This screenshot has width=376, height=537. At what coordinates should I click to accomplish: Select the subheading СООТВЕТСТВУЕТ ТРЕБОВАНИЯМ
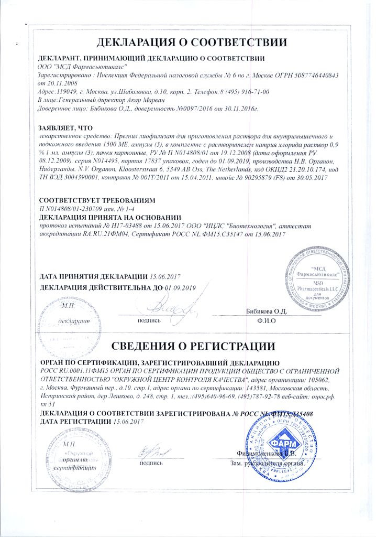point(97,200)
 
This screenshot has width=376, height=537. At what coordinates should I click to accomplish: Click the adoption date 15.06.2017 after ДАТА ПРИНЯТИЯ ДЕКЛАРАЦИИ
point(165,276)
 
